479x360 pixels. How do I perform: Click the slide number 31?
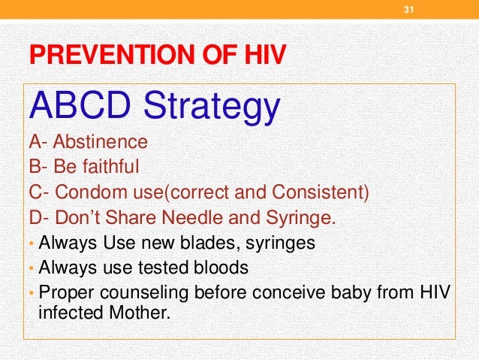(410, 10)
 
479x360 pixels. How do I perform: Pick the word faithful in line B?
(113, 165)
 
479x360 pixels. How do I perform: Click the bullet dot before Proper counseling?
(32, 293)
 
